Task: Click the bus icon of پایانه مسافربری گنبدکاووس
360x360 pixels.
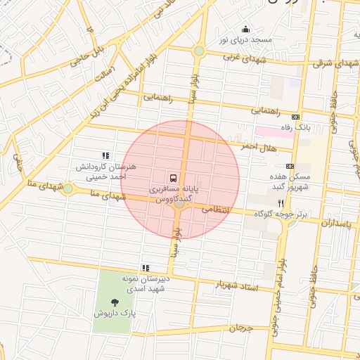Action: coord(173,178)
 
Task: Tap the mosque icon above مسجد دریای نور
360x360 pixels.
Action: coord(245,29)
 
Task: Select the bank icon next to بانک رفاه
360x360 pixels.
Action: coord(295,117)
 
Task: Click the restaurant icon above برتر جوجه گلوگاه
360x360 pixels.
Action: coord(281,202)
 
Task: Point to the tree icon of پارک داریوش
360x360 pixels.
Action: coord(115,302)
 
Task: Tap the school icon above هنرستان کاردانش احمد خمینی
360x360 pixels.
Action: coord(105,156)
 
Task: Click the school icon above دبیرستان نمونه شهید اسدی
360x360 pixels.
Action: coord(146,268)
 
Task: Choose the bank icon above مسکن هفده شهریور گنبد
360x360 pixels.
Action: coord(290,166)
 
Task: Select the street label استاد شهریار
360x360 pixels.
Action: coord(239,288)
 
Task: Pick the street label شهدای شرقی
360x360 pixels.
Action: coord(331,63)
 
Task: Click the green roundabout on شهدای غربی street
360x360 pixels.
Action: coord(199,51)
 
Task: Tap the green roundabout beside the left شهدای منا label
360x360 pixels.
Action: coord(67,188)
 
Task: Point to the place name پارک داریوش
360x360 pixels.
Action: coord(115,313)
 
